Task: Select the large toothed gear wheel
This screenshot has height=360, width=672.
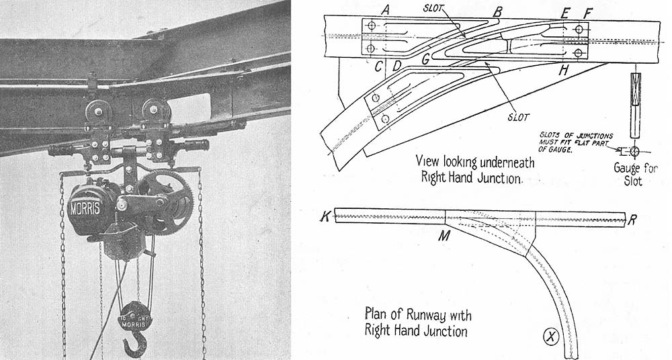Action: [x=165, y=199]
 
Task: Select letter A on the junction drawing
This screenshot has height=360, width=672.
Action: [x=385, y=9]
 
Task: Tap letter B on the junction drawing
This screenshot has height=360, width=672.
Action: [x=497, y=11]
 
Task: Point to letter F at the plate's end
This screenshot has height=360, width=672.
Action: [x=588, y=12]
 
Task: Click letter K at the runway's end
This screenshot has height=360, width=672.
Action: [x=326, y=217]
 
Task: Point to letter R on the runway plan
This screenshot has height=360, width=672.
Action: [x=632, y=218]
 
